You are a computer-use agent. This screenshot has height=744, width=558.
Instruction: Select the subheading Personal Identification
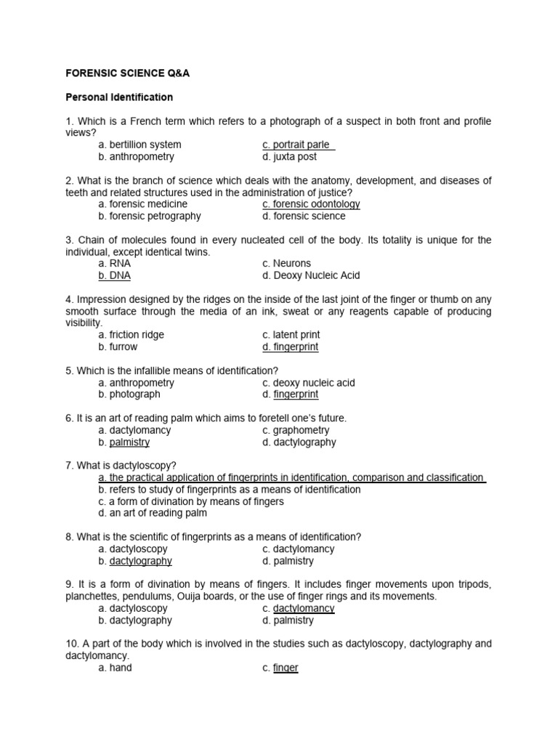119,97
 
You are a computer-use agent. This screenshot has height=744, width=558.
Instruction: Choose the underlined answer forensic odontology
311,204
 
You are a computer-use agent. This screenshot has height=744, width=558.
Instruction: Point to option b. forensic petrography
150,216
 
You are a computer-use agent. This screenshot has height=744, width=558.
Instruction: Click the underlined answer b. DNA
115,275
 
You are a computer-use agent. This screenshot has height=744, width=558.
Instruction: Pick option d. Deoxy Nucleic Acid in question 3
311,275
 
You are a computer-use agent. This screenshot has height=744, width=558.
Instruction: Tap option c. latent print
291,335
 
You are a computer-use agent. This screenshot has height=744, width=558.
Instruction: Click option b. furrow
118,347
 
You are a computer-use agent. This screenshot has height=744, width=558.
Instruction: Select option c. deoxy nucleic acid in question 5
309,382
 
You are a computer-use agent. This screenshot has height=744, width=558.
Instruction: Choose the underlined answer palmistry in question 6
129,442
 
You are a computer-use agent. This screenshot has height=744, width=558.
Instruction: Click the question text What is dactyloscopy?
121,466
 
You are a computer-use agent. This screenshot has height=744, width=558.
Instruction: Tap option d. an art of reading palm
153,513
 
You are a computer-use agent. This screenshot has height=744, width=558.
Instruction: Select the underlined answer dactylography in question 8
140,561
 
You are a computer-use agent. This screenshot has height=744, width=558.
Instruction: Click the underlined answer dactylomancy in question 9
304,608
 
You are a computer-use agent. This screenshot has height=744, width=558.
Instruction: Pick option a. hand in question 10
115,668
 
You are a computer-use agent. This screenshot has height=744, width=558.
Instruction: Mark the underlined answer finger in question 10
286,668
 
